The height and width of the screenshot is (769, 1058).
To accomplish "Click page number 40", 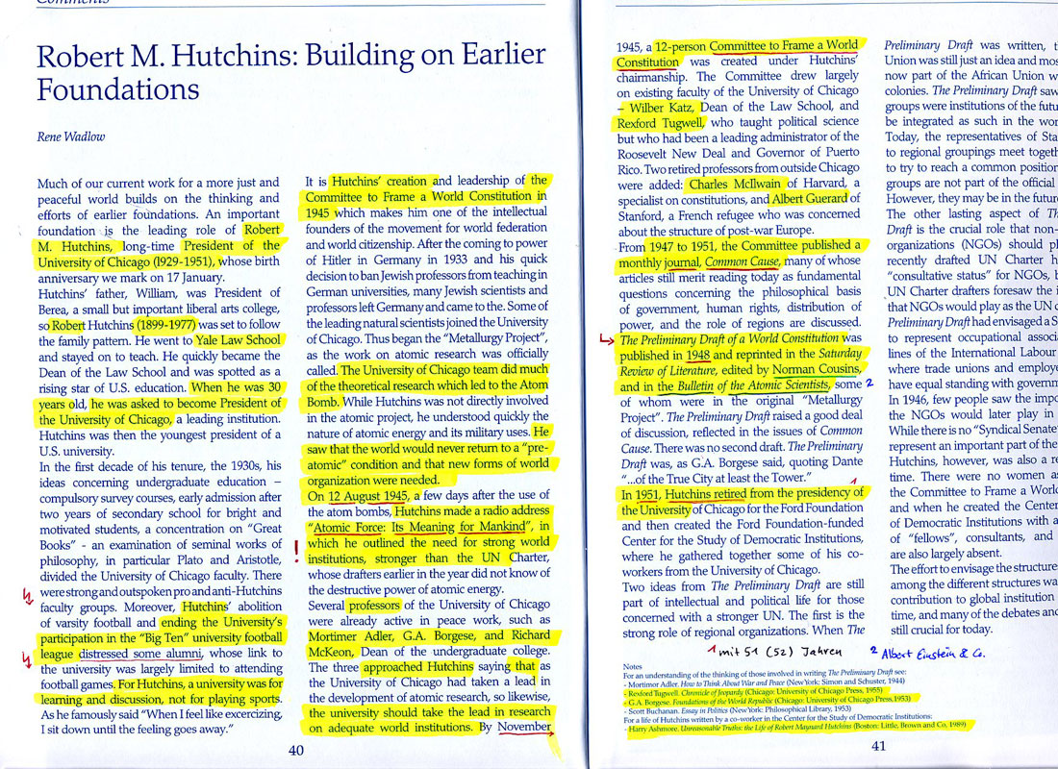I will [297, 750].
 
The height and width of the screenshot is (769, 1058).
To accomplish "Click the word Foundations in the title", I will [118, 90].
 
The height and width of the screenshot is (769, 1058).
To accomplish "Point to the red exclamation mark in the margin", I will [296, 548].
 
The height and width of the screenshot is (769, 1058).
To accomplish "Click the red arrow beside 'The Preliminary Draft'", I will [606, 340].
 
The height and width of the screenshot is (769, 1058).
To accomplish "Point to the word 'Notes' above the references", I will [632, 666].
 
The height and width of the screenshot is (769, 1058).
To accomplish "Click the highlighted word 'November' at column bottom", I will [524, 728].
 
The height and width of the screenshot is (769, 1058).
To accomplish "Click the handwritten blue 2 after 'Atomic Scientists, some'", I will [869, 382].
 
